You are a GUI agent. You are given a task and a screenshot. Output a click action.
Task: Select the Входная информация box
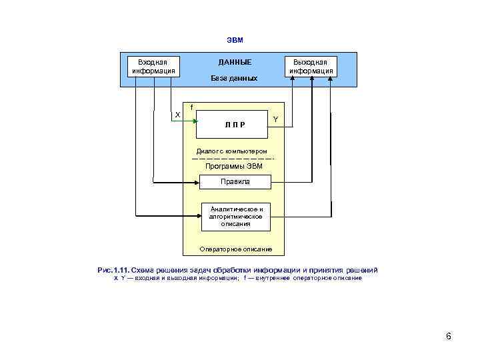click(x=153, y=65)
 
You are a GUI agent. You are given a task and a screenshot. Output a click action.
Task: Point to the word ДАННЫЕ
click(x=235, y=62)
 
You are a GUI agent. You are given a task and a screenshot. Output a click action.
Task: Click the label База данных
click(x=234, y=79)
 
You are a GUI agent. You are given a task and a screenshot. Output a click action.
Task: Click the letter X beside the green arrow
click(x=177, y=115)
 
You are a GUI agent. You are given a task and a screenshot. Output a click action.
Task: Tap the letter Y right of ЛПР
click(x=276, y=119)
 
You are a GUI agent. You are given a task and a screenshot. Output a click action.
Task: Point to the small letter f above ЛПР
click(x=192, y=107)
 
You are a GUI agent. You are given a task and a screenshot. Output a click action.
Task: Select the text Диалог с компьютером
click(x=231, y=151)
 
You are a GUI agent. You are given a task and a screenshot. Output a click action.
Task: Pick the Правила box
click(x=235, y=181)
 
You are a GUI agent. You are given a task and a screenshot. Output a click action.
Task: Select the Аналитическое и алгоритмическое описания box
click(x=236, y=216)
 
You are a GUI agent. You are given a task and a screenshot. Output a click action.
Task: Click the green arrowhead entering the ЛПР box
click(x=195, y=122)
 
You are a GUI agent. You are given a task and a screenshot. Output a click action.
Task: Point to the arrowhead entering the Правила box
click(x=198, y=181)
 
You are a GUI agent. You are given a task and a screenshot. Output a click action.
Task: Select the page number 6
click(x=449, y=337)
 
